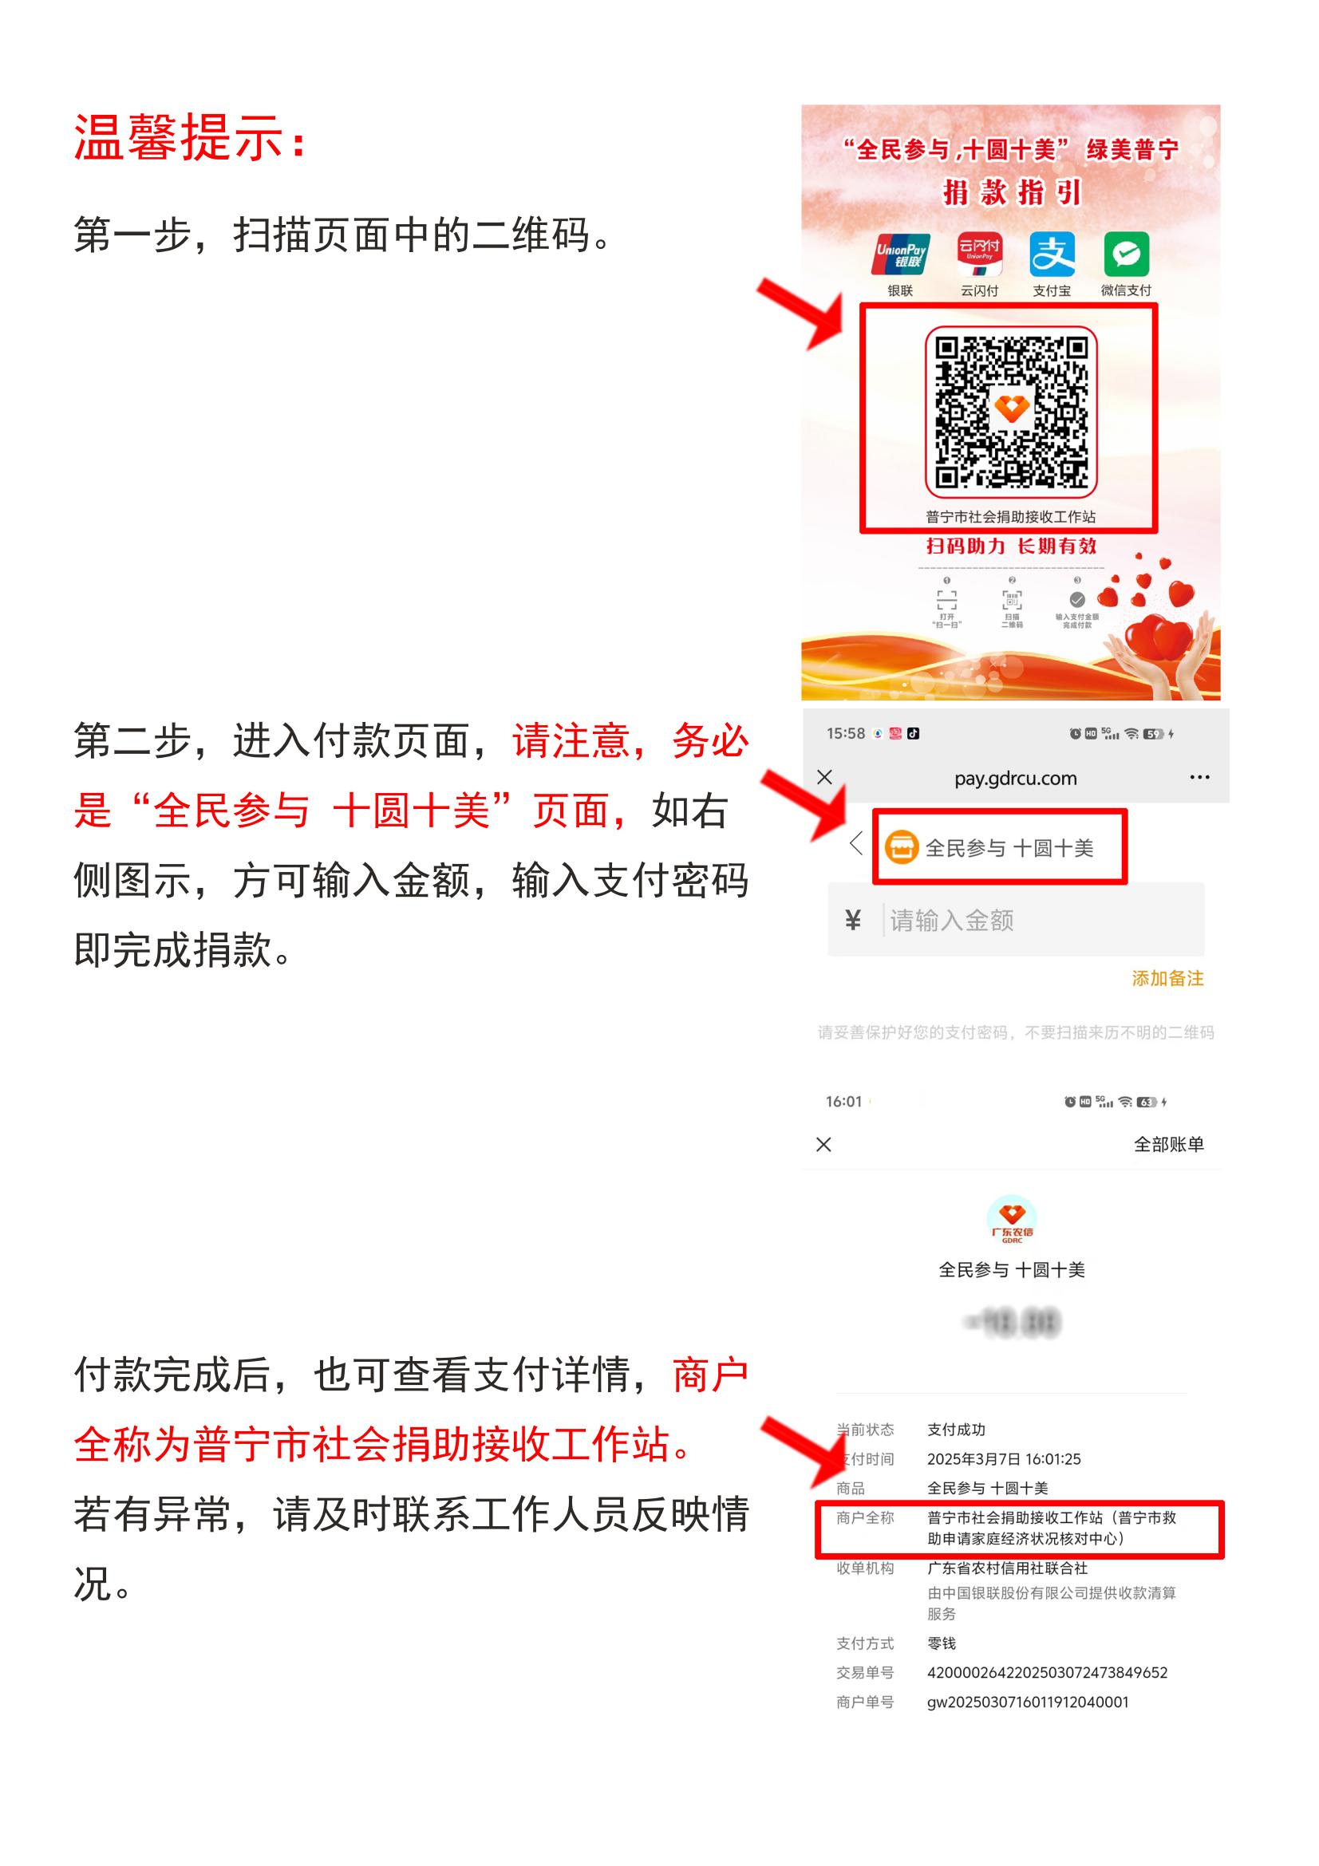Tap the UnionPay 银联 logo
900,254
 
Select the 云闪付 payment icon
979,254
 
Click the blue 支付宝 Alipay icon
1052,254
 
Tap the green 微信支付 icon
1126,254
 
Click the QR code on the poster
1011,411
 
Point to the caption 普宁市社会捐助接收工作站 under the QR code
1010,517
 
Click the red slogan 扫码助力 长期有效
1011,546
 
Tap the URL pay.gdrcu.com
1015,779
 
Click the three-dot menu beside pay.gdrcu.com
1199,778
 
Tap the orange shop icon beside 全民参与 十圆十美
901,848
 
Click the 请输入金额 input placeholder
952,921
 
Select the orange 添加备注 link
1167,979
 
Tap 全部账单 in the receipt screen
1168,1144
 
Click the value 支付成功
956,1430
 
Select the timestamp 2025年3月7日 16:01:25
1004,1459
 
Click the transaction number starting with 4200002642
1047,1673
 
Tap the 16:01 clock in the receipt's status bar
843,1102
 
